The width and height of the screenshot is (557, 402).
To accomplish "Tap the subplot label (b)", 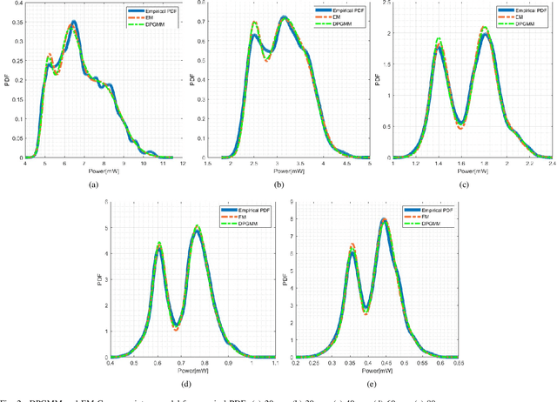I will (x=278, y=185).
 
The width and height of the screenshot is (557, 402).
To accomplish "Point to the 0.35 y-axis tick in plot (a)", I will (x=16, y=22).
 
